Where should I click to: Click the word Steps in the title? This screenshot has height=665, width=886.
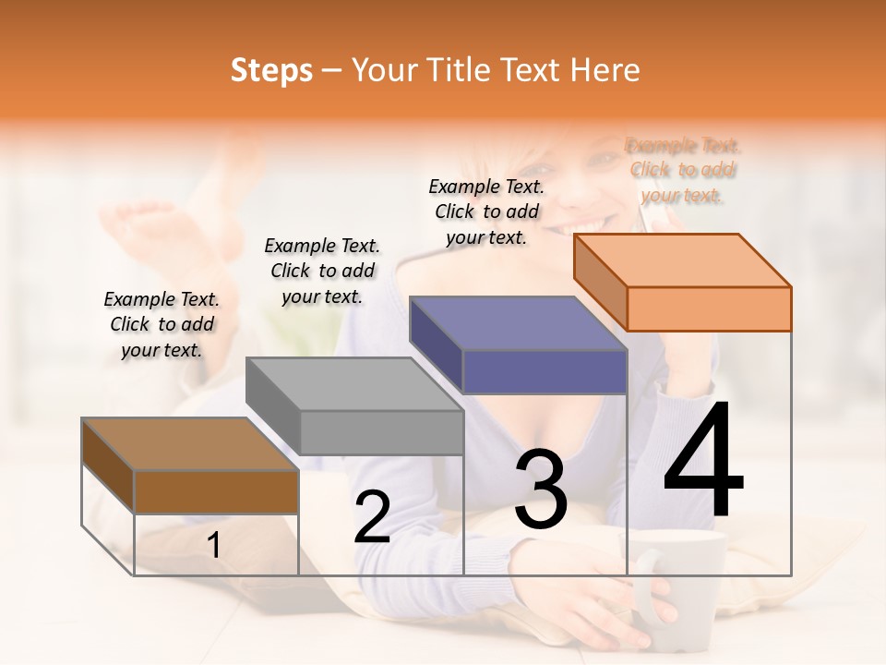coord(271,70)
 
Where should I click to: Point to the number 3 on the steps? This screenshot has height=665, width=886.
coord(541,490)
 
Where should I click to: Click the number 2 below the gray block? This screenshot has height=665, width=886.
coord(372,517)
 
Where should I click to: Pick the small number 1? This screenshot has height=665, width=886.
coord(214,545)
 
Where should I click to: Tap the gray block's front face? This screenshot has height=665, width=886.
coord(382,432)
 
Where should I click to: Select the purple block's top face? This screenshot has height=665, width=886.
coord(518,323)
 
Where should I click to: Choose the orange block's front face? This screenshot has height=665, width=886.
coord(709,308)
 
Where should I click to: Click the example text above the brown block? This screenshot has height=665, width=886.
coord(162,324)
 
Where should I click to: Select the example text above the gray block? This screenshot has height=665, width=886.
coord(322,271)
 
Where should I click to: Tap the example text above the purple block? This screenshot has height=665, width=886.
coord(486,212)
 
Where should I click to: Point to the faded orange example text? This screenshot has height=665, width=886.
coord(683,170)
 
